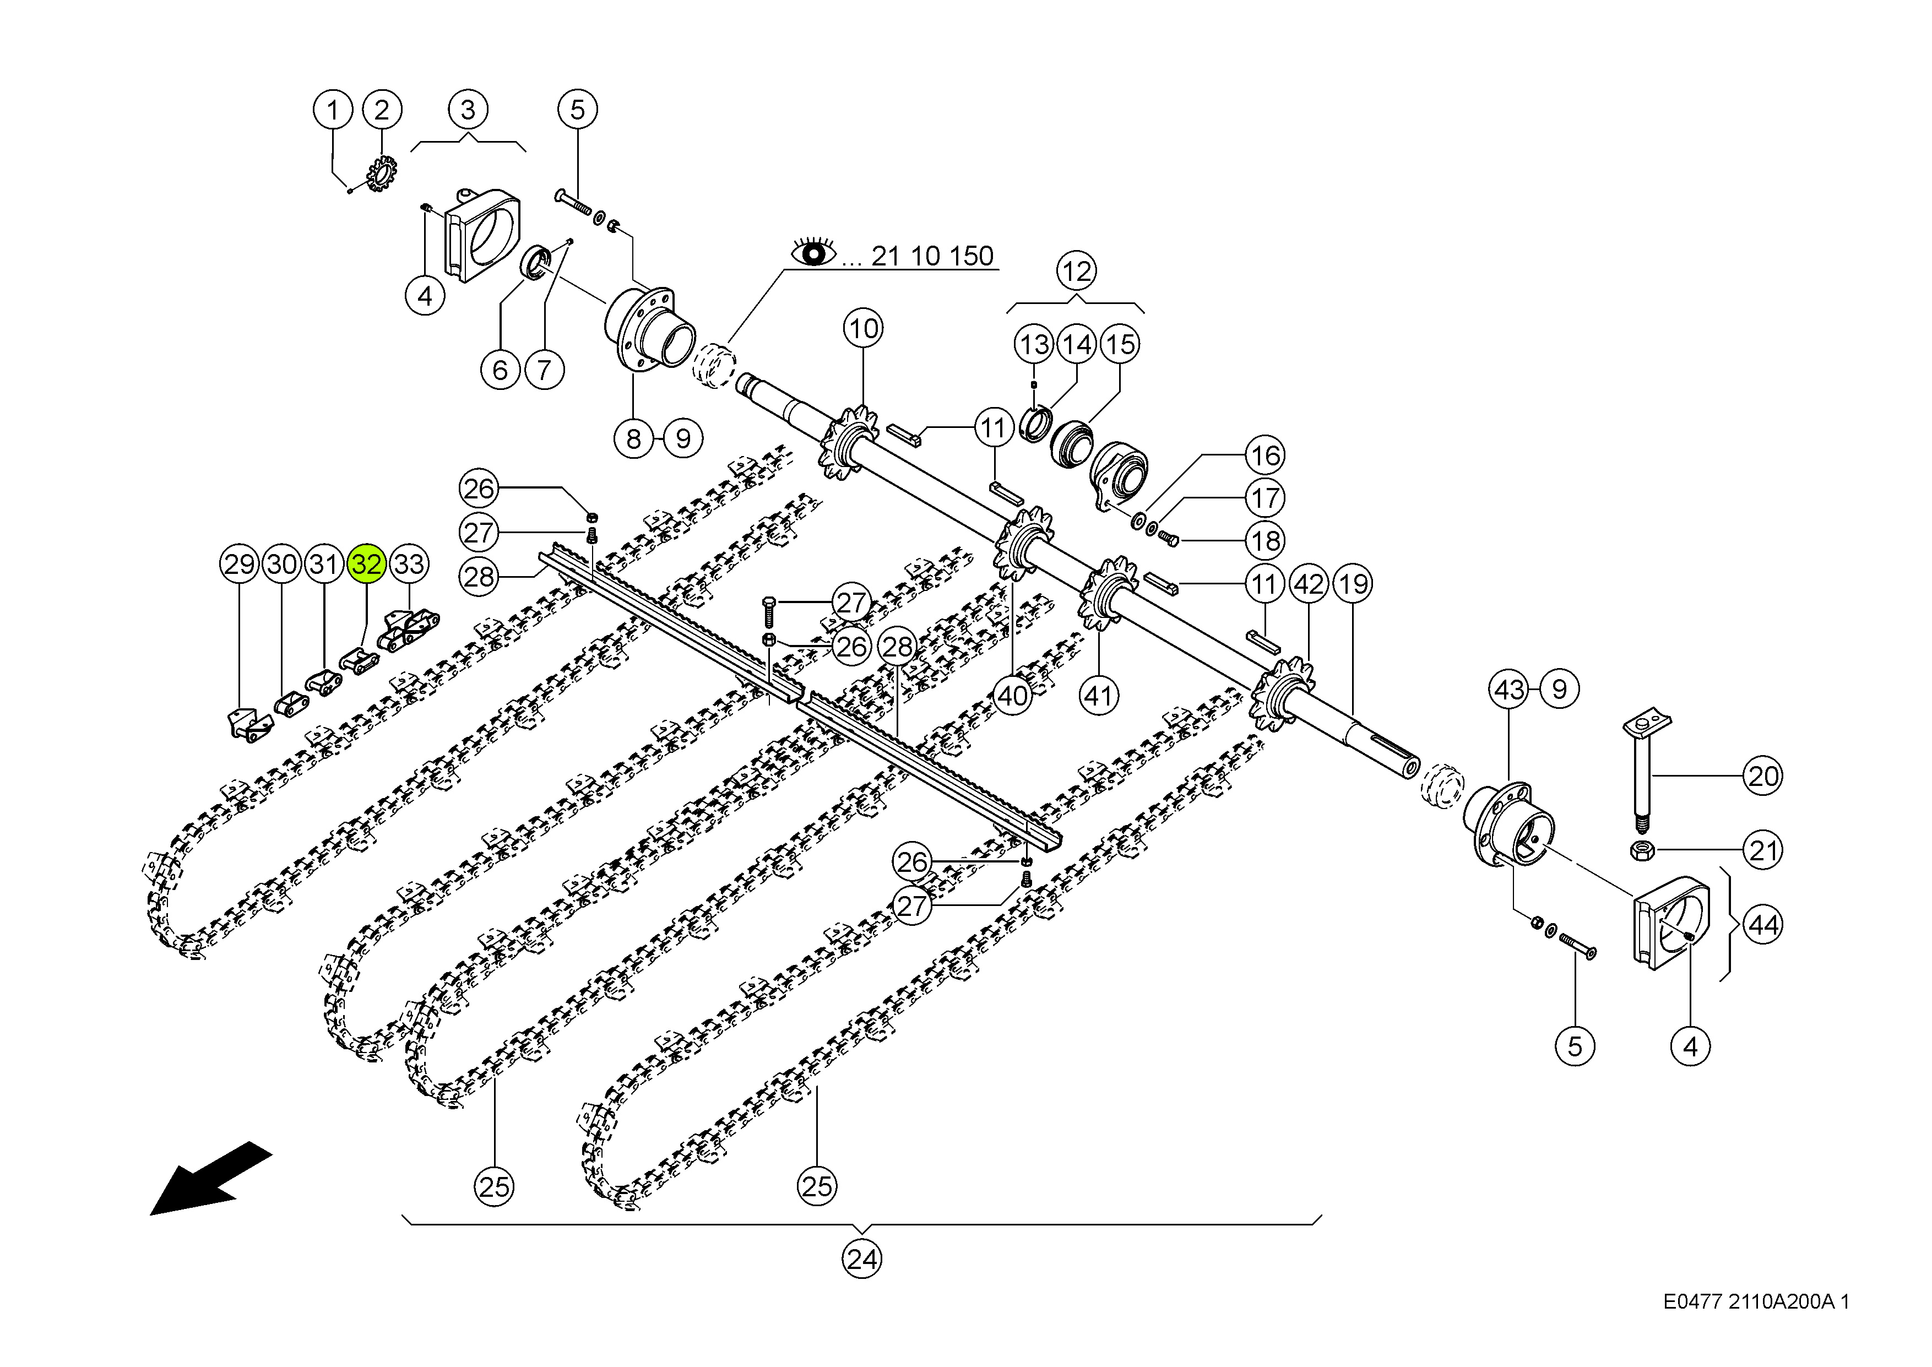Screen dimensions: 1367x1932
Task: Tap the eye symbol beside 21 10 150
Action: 813,252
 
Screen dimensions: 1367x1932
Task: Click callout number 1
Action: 333,110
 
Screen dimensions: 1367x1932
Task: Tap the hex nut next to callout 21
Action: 1642,850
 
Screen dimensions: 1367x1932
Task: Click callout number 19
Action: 1353,583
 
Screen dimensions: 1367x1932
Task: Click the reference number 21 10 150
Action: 932,256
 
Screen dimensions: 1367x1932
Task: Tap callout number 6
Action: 501,370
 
